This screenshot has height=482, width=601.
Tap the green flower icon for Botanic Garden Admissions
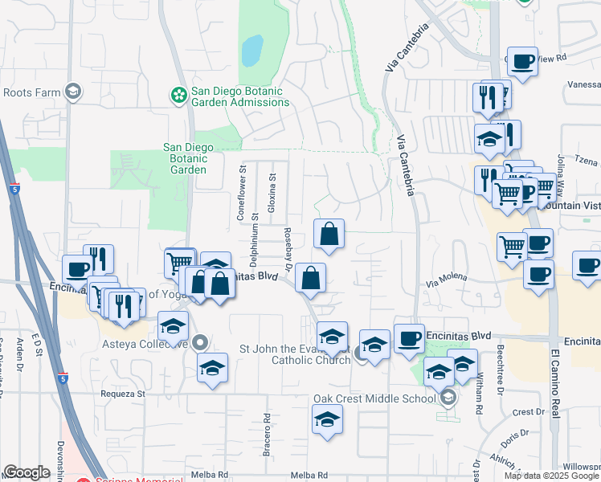point(178,96)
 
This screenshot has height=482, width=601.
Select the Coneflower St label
point(239,193)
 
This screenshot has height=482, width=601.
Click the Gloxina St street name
point(272,188)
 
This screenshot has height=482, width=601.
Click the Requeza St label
point(122,394)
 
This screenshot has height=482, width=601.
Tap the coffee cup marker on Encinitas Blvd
point(409,338)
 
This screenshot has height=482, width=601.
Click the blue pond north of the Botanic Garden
point(252,51)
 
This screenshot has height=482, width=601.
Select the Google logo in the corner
point(27,472)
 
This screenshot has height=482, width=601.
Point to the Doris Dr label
point(513,439)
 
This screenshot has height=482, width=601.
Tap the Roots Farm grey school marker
point(74,92)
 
